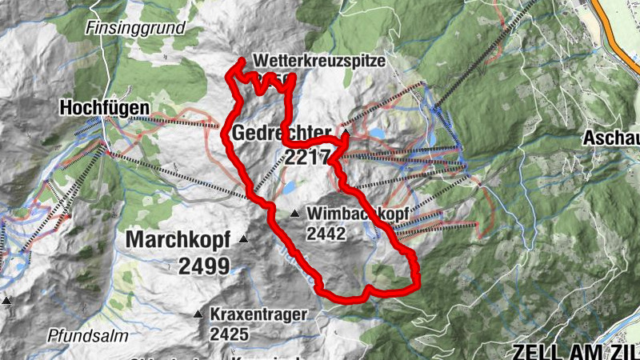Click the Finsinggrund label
[135, 28]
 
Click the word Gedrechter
[282, 133]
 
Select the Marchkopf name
[178, 239]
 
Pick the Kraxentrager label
[258, 314]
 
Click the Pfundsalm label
[87, 335]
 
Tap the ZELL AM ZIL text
[575, 350]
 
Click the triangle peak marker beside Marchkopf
[243, 239]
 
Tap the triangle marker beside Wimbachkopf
[295, 214]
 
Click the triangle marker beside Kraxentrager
[198, 314]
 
